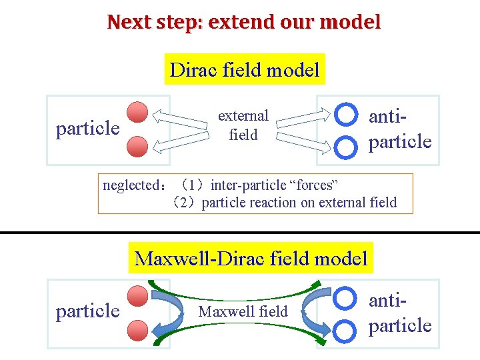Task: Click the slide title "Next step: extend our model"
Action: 244,22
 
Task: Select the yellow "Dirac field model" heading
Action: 245,69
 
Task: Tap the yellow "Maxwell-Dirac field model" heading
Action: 251,258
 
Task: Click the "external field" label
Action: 243,125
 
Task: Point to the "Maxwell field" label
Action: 243,311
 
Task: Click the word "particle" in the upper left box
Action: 88,128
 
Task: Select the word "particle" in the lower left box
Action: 88,311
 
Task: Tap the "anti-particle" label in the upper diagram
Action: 400,129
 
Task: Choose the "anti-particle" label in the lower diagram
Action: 400,313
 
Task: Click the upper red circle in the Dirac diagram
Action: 138,112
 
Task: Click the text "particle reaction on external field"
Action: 299,203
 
